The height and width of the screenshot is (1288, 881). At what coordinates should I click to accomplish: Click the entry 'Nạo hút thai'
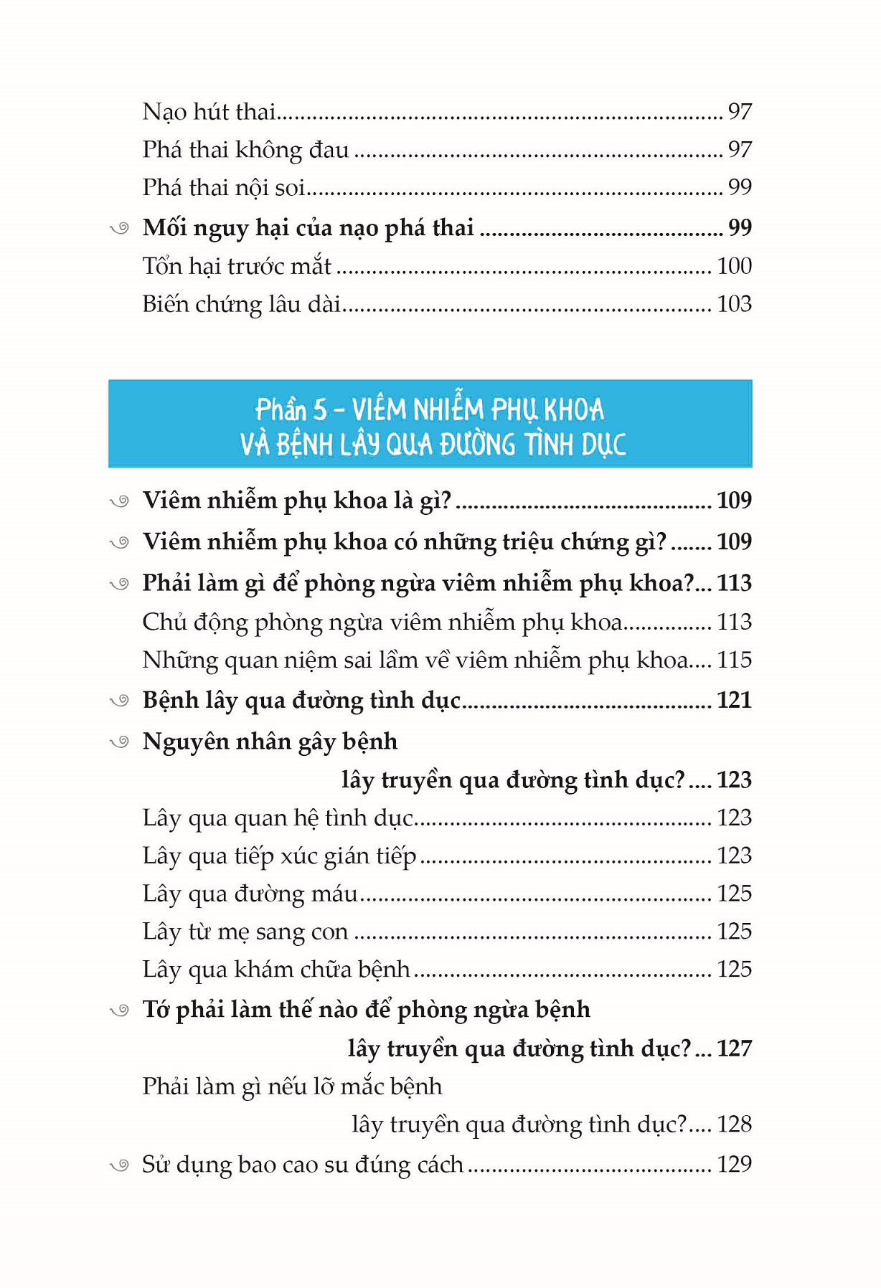209,112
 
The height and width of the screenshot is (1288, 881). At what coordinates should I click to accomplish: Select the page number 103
734,304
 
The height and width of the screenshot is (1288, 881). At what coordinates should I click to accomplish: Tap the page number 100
734,266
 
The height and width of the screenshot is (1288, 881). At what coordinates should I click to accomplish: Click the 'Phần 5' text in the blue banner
291,409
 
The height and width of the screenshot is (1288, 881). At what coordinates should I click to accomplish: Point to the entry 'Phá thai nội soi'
223,188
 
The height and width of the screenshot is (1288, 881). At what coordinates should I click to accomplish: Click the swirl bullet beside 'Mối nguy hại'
119,229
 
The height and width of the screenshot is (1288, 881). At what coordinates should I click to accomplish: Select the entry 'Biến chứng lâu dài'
241,305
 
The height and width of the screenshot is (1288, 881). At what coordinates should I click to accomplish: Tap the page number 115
734,660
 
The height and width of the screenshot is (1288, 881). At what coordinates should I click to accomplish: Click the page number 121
734,700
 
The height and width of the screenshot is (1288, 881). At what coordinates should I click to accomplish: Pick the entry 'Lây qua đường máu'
250,894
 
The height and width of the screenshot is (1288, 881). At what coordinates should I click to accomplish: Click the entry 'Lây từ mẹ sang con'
245,932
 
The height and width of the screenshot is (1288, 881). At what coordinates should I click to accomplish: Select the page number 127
734,1048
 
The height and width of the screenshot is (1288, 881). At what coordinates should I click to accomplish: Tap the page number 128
734,1124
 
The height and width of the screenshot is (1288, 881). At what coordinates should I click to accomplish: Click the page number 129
734,1164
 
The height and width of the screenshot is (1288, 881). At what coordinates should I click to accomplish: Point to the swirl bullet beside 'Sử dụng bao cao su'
119,1165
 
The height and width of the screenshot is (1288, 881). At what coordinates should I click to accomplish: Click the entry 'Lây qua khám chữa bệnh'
275,970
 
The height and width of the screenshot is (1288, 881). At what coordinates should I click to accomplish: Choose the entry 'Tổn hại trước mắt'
236,267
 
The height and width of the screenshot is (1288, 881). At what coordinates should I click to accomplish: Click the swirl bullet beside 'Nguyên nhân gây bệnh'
119,742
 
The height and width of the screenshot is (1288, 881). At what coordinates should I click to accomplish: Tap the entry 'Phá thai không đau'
245,150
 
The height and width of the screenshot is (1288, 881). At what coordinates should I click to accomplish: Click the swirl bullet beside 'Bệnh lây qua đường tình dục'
119,701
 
